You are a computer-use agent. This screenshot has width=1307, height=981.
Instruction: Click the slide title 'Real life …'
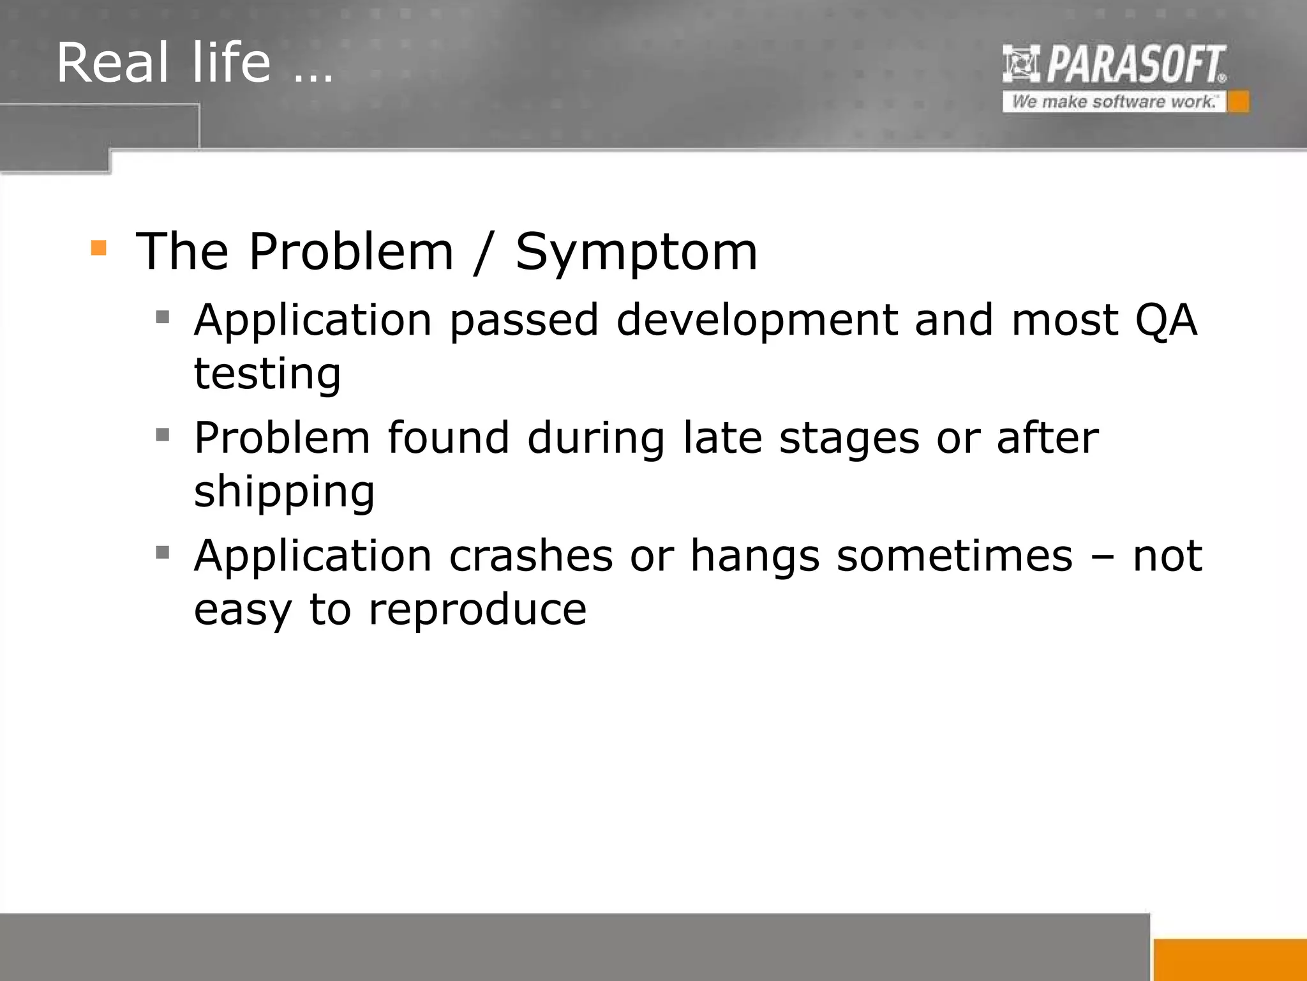195,63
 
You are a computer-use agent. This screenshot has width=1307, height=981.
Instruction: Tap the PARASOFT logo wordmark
1136,64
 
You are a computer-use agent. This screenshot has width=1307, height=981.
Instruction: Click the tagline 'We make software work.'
1114,102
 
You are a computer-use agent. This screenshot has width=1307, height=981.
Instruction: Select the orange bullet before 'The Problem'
99,248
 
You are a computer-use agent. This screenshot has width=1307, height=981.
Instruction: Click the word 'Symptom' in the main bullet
636,252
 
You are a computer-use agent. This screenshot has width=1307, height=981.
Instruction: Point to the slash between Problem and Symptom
484,252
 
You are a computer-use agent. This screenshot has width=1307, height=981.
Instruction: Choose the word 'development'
757,321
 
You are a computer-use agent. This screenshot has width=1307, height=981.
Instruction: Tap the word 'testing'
267,374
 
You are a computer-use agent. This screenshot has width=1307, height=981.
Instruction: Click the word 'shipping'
284,492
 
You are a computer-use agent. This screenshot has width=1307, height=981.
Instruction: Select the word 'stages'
849,439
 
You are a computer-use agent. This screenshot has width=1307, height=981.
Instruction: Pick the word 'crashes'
531,556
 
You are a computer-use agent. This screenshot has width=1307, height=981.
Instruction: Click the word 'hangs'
755,557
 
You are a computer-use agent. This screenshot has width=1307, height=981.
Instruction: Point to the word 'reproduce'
477,610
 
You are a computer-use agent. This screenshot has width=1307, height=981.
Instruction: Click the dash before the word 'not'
1102,557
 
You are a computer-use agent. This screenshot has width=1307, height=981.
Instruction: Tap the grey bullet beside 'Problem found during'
163,435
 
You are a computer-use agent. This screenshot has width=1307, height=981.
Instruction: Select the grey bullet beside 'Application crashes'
163,552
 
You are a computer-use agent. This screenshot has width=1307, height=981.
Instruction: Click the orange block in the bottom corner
1230,959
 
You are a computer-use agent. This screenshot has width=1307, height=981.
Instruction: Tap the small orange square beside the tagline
1238,102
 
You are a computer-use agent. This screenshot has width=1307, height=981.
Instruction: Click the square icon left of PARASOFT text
1021,64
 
